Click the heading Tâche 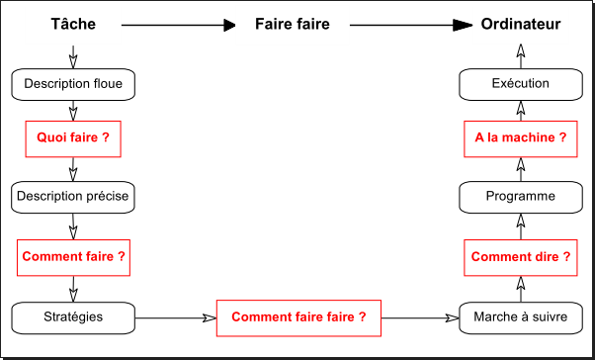point(73,24)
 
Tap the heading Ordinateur point(521,24)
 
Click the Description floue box point(73,84)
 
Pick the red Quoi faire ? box point(73,139)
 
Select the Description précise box point(73,196)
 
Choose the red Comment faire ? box point(73,256)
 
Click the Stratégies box point(73,316)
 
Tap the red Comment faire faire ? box point(298,317)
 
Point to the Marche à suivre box point(520,317)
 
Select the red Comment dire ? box point(521,257)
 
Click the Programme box point(521,197)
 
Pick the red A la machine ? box point(521,139)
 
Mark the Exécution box point(521,84)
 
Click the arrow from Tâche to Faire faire point(178,25)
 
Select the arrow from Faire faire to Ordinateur point(405,25)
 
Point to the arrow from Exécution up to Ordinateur point(521,55)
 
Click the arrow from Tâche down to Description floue point(73,55)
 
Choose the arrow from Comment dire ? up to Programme point(521,227)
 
